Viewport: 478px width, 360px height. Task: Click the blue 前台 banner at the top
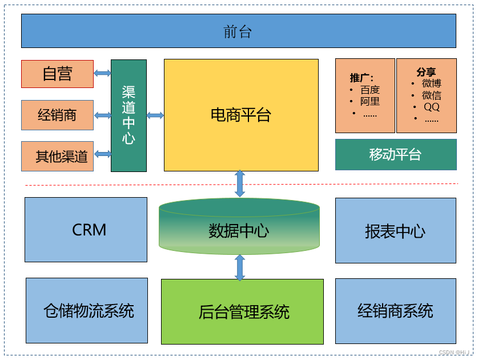238,31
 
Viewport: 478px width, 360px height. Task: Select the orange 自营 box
57,74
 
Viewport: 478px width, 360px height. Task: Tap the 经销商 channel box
57,115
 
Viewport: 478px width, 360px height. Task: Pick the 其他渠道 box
57,156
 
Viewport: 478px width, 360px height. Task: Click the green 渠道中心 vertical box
128,115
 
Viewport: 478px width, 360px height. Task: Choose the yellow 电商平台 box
240,115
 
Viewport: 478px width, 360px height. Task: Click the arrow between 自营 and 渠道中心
102,73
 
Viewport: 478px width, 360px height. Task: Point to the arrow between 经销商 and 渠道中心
102,115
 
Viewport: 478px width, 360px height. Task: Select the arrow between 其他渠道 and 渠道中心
102,154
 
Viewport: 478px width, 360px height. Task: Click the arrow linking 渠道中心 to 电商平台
155,115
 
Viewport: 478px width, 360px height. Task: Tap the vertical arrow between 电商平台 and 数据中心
240,183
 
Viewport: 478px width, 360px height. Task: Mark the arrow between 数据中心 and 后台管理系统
240,267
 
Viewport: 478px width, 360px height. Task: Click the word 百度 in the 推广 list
369,90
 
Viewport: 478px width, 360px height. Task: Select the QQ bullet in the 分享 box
431,107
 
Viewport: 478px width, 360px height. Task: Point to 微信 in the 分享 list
431,95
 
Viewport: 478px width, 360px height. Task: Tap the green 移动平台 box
395,154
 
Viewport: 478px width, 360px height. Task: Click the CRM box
86,230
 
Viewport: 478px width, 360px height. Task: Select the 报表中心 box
395,230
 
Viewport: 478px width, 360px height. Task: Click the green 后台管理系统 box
242,311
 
